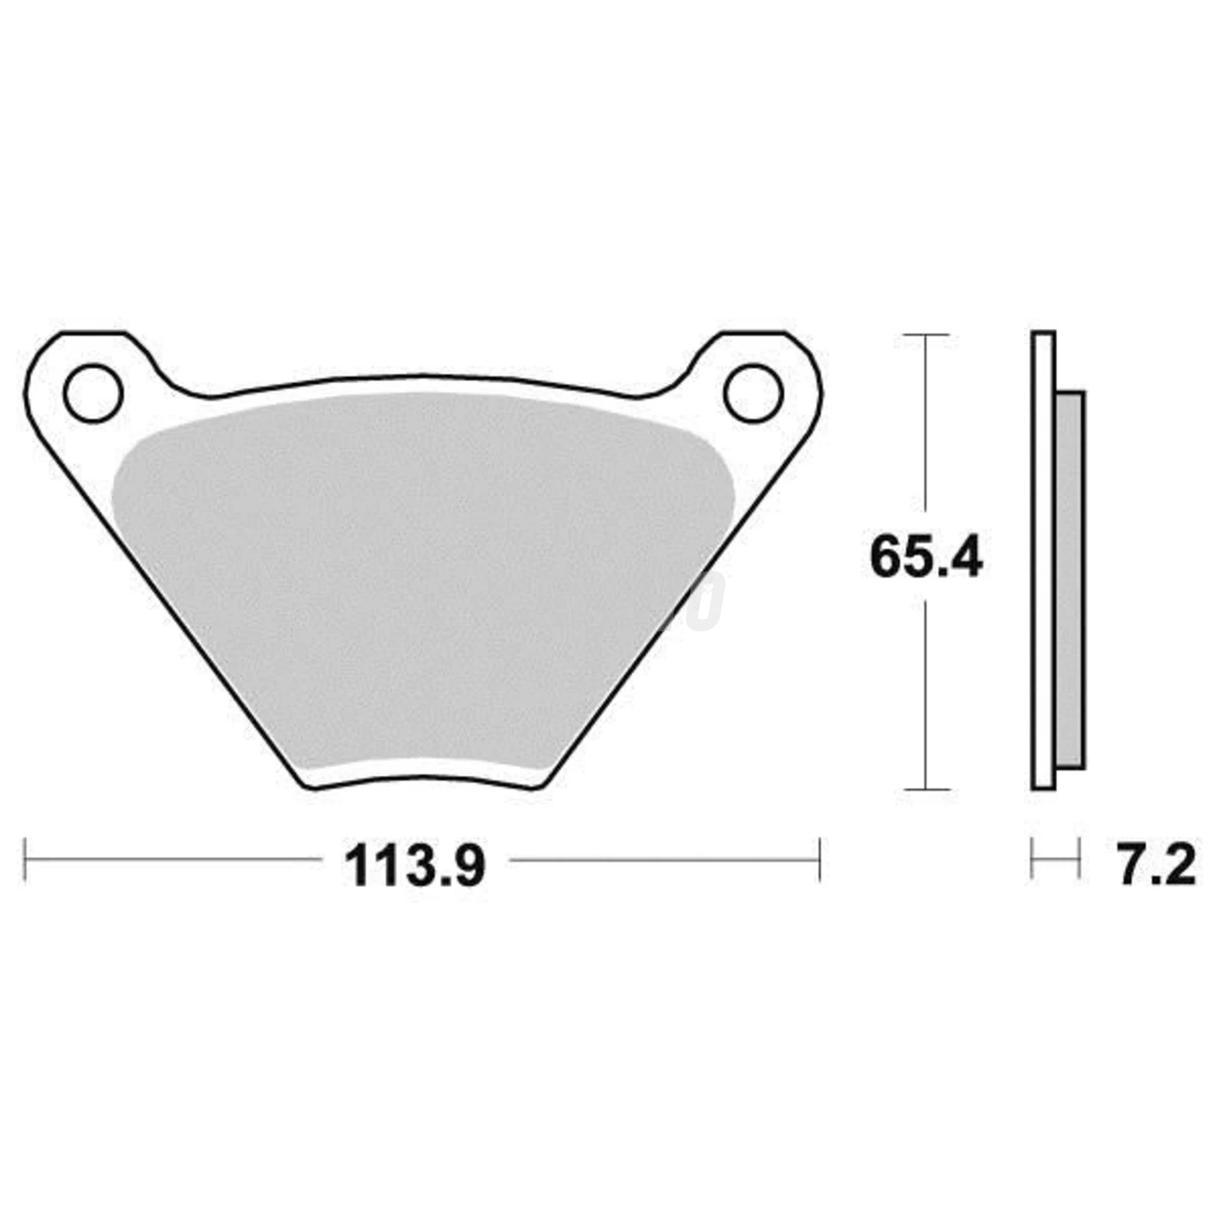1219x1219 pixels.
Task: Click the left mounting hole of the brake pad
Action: pyautogui.click(x=92, y=394)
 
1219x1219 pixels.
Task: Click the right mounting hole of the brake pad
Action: pyautogui.click(x=753, y=394)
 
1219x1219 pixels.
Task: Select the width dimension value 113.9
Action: pyautogui.click(x=414, y=865)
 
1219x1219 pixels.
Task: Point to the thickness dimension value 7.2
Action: pyautogui.click(x=1156, y=865)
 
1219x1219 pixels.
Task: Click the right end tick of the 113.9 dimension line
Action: pyautogui.click(x=819, y=860)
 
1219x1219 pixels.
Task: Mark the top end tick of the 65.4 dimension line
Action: pyautogui.click(x=926, y=334)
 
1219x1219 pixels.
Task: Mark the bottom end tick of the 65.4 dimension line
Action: pyautogui.click(x=926, y=790)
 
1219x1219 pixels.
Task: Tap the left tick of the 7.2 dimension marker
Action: pyautogui.click(x=1032, y=860)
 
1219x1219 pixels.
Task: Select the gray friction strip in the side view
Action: pyautogui.click(x=1070, y=579)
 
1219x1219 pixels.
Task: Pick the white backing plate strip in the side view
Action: pyautogui.click(x=1043, y=562)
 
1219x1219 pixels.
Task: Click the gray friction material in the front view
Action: pyautogui.click(x=418, y=575)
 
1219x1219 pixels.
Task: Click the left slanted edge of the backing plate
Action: pyautogui.click(x=165, y=609)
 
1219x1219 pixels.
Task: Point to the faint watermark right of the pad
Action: pyautogui.click(x=707, y=601)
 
